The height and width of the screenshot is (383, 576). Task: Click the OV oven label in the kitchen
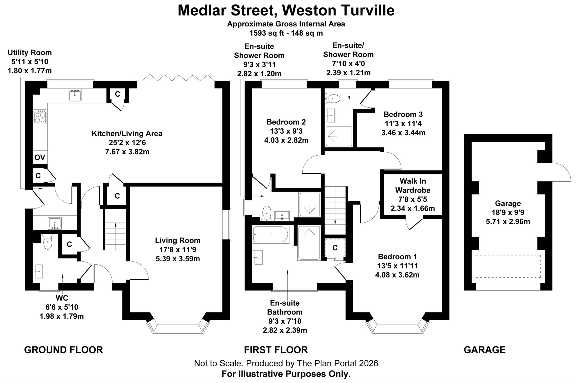click(x=40, y=157)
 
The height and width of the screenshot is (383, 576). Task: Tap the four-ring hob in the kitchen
click(x=40, y=116)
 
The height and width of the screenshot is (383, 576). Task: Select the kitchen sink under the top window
click(x=75, y=95)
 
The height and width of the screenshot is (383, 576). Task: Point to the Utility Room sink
click(x=55, y=223)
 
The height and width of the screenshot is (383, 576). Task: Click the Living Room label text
click(x=177, y=241)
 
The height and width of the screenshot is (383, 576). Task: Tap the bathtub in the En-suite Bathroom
click(x=270, y=234)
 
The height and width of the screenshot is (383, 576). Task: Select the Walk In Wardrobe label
click(x=413, y=185)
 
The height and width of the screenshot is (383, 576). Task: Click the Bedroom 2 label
click(x=286, y=122)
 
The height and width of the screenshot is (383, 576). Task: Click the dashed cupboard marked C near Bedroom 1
click(x=335, y=248)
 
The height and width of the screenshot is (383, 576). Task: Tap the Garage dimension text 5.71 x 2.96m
click(x=508, y=222)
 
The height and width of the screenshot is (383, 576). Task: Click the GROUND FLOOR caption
click(x=64, y=350)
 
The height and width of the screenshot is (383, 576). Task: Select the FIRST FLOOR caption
click(x=276, y=350)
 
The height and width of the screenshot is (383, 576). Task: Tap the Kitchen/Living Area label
click(x=127, y=133)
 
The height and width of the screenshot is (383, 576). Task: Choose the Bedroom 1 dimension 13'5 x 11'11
click(x=397, y=266)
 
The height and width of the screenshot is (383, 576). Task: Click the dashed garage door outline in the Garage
click(x=508, y=266)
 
